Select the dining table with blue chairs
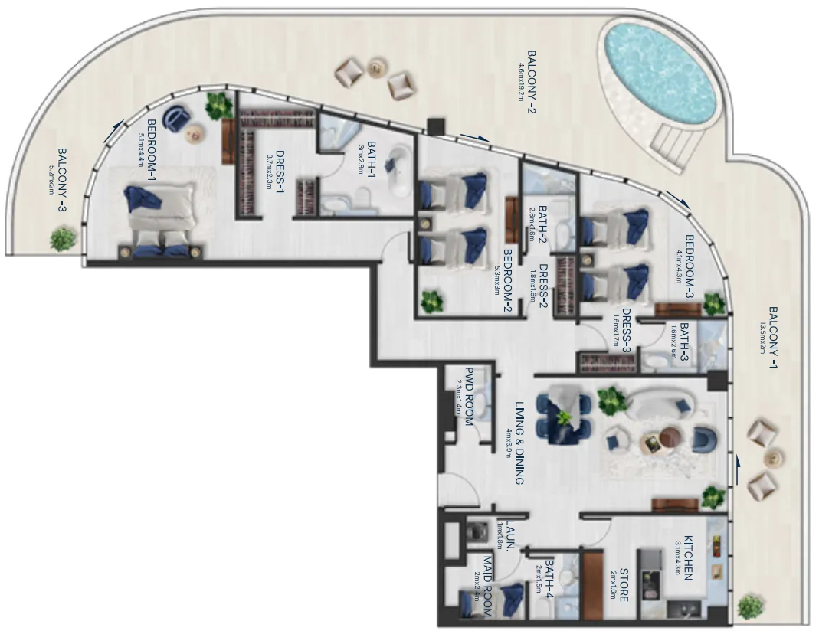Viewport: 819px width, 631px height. [x=564, y=417]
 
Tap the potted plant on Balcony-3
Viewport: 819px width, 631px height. [x=62, y=239]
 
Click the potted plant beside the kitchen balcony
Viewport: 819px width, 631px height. [x=749, y=606]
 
